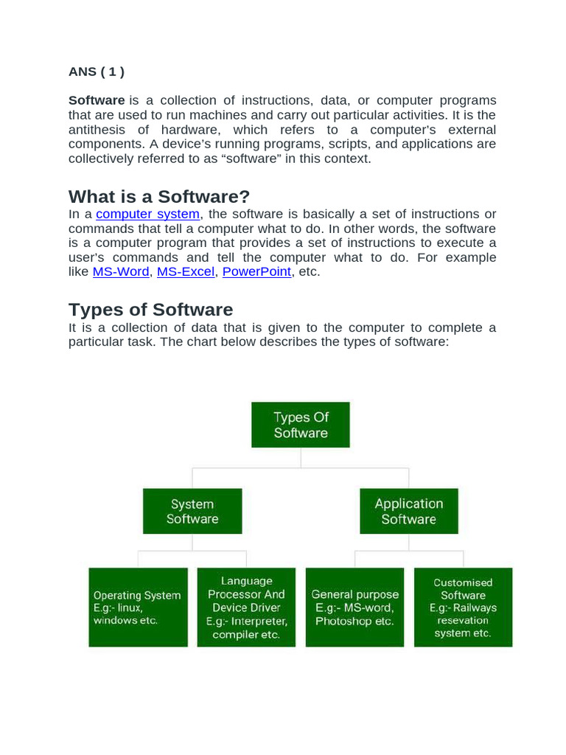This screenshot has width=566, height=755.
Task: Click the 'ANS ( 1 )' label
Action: point(97,72)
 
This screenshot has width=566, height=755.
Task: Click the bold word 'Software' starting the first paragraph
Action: point(97,100)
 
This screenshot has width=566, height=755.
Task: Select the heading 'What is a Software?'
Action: point(159,197)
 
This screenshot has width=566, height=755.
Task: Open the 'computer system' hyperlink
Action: point(147,214)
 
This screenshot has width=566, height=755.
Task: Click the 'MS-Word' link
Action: point(122,271)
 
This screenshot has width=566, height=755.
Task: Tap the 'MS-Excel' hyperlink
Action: point(186,271)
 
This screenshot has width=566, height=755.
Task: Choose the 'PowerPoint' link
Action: point(256,271)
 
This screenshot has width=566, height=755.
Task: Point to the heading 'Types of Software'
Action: point(150,310)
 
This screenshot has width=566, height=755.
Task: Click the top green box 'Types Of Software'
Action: point(301,425)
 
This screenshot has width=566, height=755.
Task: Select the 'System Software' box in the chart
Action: point(192,511)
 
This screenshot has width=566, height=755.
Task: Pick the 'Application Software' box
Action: point(409,511)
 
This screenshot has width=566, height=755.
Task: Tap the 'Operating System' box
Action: point(137,607)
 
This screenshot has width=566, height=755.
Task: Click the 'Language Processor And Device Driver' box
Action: point(246,607)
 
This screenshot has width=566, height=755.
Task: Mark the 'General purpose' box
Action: point(354,607)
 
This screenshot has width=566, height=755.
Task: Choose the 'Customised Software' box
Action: point(463,607)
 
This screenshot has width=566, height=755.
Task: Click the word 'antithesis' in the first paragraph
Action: point(99,129)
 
